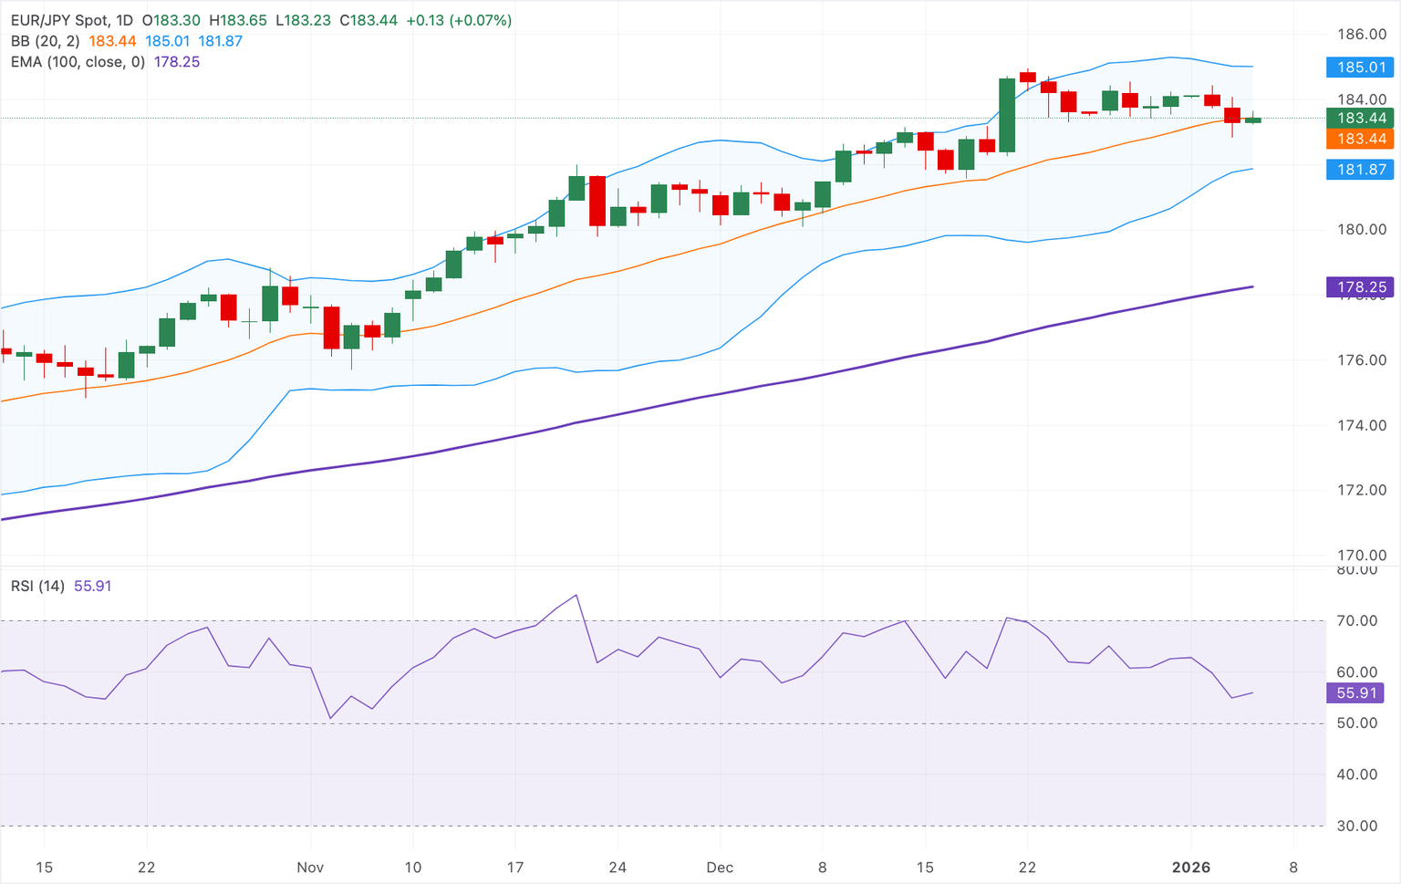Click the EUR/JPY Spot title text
[x=59, y=20]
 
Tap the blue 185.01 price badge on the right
[x=1361, y=68]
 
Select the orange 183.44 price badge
[x=1361, y=139]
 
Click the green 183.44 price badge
[x=1361, y=118]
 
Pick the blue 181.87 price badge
[x=1361, y=170]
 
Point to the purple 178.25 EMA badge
[x=1361, y=287]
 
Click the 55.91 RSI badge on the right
[x=1355, y=693]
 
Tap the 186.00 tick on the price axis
[x=1361, y=35]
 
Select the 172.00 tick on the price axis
[x=1361, y=490]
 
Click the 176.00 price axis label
[x=1361, y=360]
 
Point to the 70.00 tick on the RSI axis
[x=1356, y=621]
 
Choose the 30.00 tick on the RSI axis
[x=1356, y=827]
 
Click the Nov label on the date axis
[x=310, y=868]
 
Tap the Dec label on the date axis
[x=720, y=868]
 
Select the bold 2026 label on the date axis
[x=1191, y=868]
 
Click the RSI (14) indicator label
[x=37, y=587]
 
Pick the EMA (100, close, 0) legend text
[x=78, y=62]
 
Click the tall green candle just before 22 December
[x=1007, y=115]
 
